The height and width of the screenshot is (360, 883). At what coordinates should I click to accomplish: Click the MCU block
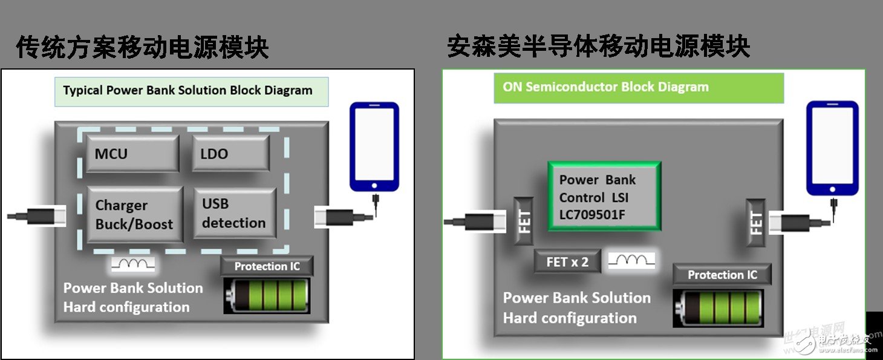coord(132,153)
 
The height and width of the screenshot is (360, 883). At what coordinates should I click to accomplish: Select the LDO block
coord(230,153)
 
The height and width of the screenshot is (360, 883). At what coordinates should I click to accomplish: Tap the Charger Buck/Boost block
coord(134,215)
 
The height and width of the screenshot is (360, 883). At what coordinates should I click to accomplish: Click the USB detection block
coord(234,213)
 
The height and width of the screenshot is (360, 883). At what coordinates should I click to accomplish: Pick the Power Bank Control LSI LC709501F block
coord(604,197)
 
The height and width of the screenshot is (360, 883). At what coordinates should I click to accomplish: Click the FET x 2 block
coord(567,261)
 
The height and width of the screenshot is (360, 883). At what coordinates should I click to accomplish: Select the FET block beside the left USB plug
coord(524,221)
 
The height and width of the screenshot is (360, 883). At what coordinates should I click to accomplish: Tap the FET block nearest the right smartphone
coord(756,222)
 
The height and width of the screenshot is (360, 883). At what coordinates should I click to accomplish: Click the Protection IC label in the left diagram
coord(267,266)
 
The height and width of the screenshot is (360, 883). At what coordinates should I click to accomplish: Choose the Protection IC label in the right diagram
coord(722,275)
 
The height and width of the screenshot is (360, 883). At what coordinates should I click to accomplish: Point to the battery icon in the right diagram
coord(718,308)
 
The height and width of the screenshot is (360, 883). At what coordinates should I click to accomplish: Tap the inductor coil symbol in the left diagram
coord(133,264)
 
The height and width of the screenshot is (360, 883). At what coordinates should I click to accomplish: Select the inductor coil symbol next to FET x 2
coord(631,261)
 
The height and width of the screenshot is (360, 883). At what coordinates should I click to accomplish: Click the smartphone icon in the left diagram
coord(374,146)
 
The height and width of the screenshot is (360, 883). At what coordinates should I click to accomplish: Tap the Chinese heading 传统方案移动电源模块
coord(143,47)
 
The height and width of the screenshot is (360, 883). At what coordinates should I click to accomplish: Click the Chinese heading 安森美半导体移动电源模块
coord(599,46)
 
